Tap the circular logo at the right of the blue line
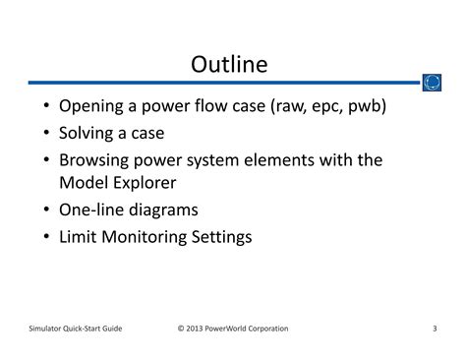click(431, 83)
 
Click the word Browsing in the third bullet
click(95, 158)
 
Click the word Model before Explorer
click(85, 182)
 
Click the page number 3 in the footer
click(435, 328)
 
